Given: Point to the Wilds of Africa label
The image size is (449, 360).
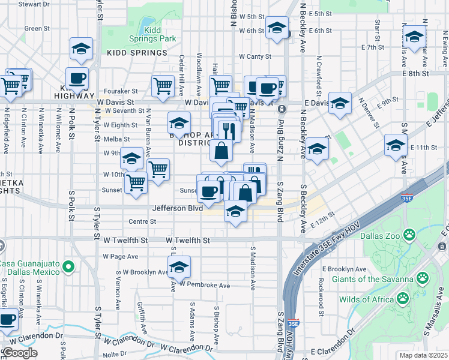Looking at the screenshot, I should pyautogui.click(x=364, y=299).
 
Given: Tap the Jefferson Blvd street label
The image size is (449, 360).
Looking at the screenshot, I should pyautogui.click(x=177, y=209).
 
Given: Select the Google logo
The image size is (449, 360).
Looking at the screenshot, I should pyautogui.click(x=19, y=353).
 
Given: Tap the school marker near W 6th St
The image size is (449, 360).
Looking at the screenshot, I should pyautogui.click(x=277, y=28).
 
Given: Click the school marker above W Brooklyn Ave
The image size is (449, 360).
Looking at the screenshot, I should pyautogui.click(x=178, y=267).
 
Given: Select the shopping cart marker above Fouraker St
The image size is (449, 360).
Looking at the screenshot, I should pyautogui.click(x=163, y=86).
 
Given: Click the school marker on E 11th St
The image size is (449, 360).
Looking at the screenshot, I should pyautogui.click(x=396, y=146).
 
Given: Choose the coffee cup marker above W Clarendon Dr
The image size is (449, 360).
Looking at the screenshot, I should pyautogui.click(x=7, y=319).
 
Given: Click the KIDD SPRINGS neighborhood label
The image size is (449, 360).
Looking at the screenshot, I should pyautogui.click(x=137, y=53).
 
